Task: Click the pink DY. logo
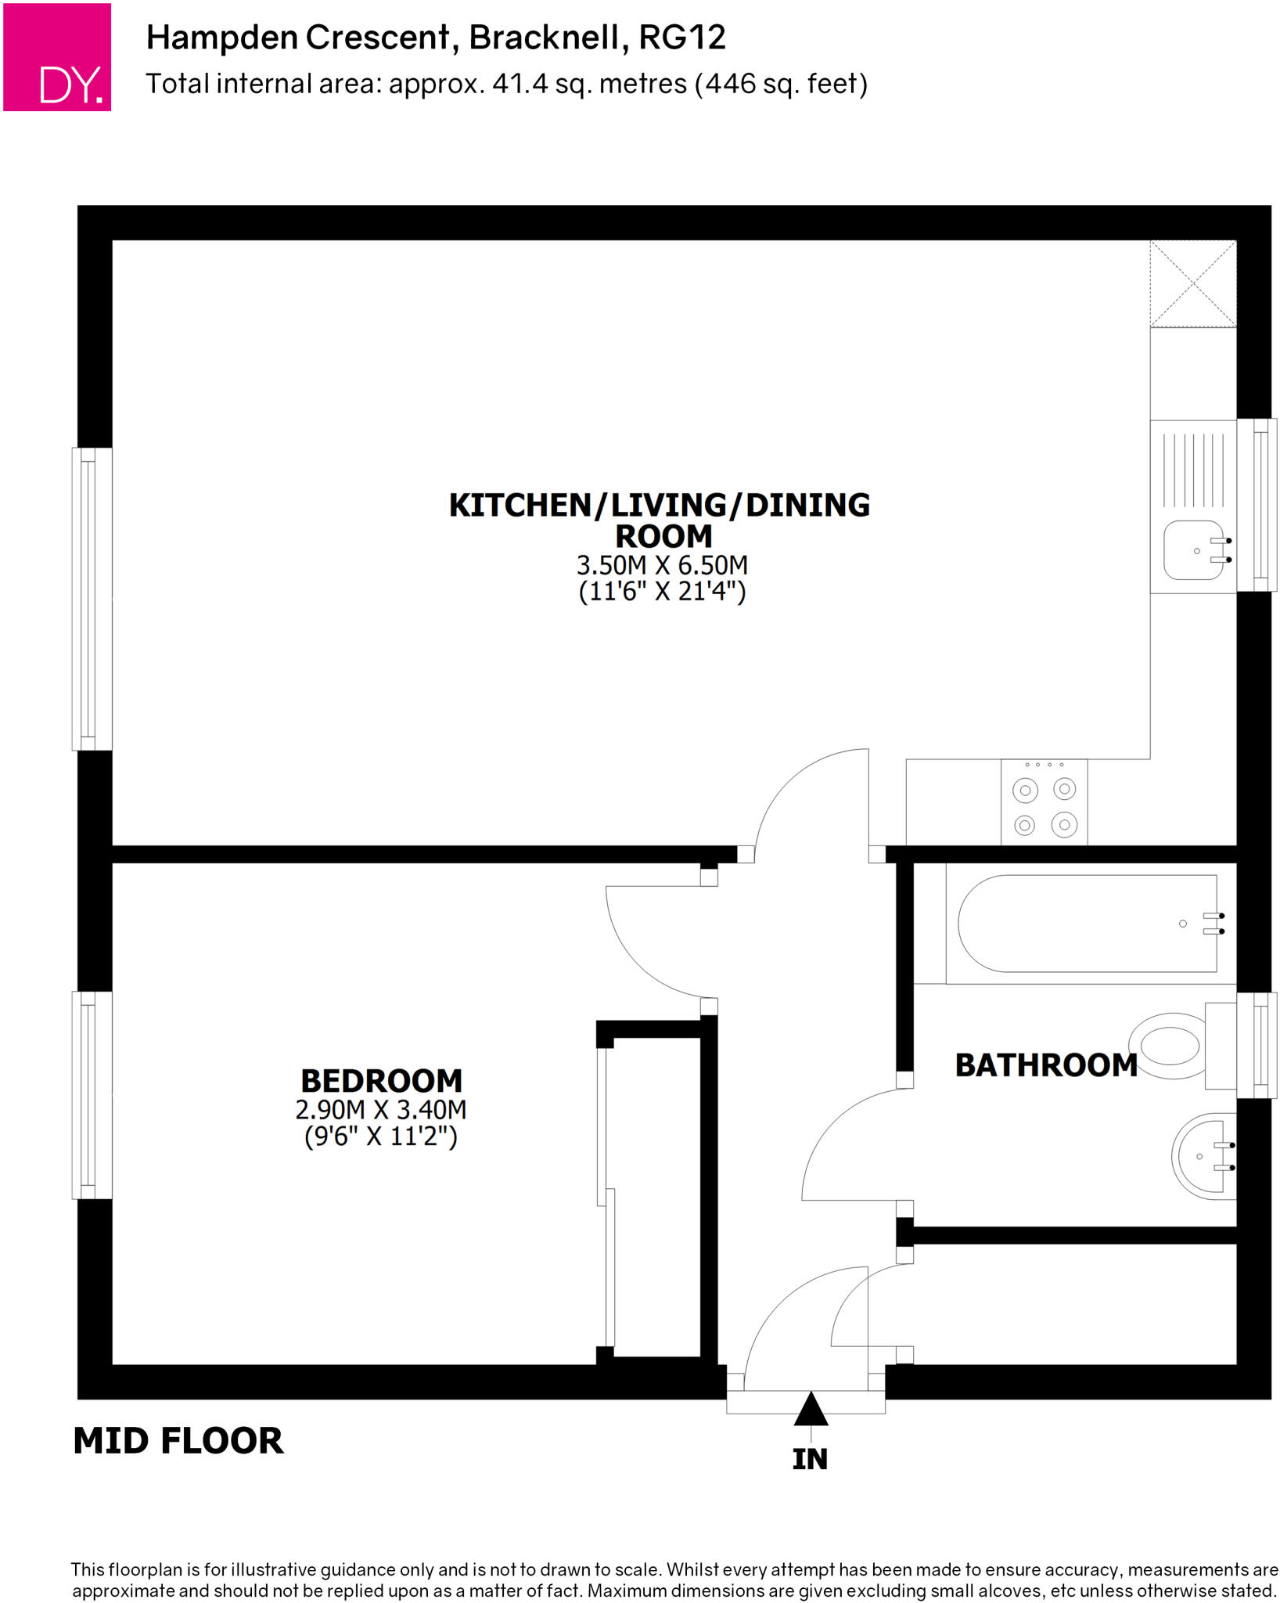[57, 57]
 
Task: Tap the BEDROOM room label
[382, 1081]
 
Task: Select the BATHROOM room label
[1045, 1065]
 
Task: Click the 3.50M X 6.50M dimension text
[662, 564]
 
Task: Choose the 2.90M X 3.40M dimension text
[381, 1109]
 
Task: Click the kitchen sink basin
[1192, 550]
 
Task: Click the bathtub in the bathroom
[1088, 924]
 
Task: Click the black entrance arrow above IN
[811, 1409]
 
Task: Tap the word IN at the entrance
[810, 1460]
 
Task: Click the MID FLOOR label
[178, 1441]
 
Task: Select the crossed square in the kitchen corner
[1193, 283]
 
